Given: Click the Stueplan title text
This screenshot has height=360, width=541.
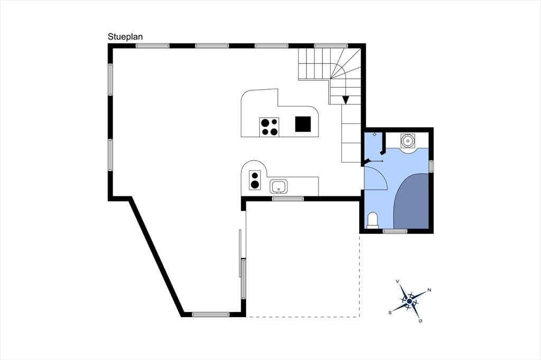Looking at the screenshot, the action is pyautogui.click(x=125, y=37).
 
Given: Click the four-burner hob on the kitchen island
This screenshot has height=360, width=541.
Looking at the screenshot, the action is pyautogui.click(x=269, y=127).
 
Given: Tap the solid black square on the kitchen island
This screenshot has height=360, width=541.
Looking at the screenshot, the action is pyautogui.click(x=303, y=124).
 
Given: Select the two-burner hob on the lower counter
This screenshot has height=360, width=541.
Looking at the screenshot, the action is pyautogui.click(x=255, y=180).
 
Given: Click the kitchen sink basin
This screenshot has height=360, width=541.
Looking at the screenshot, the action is pyautogui.click(x=279, y=186).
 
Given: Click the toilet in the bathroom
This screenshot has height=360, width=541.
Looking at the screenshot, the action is pyautogui.click(x=372, y=221).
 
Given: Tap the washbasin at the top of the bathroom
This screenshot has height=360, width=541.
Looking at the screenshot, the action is pyautogui.click(x=408, y=141).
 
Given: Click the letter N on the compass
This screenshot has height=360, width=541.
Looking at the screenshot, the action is pyautogui.click(x=429, y=290).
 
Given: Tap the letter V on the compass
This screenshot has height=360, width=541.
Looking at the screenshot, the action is pyautogui.click(x=397, y=282).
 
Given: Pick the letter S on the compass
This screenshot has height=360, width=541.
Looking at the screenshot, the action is pyautogui.click(x=390, y=313).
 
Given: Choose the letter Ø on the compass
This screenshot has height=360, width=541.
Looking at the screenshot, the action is pyautogui.click(x=420, y=321).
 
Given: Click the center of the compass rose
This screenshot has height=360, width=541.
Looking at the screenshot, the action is pyautogui.click(x=409, y=302).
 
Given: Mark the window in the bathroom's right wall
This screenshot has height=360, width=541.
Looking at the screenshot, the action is pyautogui.click(x=431, y=166).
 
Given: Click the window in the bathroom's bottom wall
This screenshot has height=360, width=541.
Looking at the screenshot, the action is pyautogui.click(x=395, y=231).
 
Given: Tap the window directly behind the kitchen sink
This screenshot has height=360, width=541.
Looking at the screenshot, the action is pyautogui.click(x=288, y=198).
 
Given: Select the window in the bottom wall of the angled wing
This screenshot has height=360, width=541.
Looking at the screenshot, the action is pyautogui.click(x=211, y=315).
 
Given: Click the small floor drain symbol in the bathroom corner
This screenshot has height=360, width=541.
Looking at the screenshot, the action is pyautogui.click(x=375, y=134).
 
